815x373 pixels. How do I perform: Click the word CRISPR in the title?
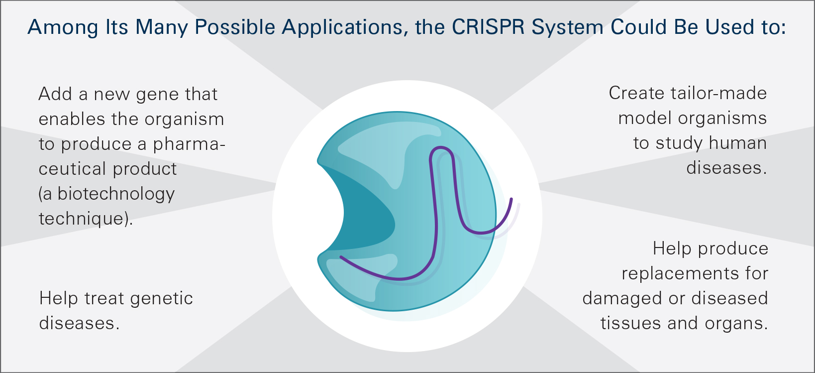pyautogui.click(x=488, y=27)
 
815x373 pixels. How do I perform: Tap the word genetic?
pyautogui.click(x=161, y=299)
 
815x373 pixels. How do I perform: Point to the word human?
pyautogui.click(x=738, y=143)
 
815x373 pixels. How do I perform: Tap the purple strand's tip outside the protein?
pyautogui.click(x=511, y=199)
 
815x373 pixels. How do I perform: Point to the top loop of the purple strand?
pyautogui.click(x=441, y=148)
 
